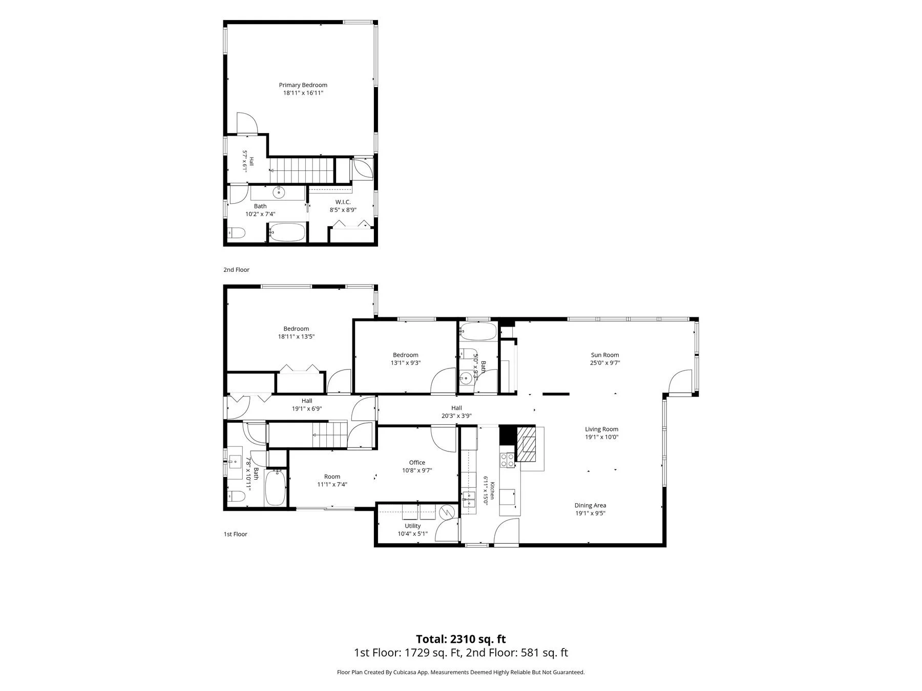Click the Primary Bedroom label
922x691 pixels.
coord(303,85)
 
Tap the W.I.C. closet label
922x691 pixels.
coord(343,202)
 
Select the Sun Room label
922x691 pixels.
coord(605,355)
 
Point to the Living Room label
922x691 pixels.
coord(602,429)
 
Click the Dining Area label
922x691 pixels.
coord(590,506)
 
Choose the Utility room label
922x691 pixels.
coord(413,526)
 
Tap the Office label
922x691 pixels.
coord(417,463)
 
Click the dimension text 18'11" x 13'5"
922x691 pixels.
coord(296,337)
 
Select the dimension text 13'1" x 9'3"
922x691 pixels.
coord(406,363)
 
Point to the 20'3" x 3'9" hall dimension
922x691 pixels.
coord(456,416)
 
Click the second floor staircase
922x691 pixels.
coord(302,169)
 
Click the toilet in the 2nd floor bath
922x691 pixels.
coord(236,233)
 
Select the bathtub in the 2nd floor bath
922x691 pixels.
coord(287,232)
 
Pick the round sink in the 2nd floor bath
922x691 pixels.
coord(278,192)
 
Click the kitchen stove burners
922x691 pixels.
coord(507,461)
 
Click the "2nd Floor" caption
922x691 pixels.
coord(236,270)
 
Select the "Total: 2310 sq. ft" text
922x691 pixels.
coord(460,639)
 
